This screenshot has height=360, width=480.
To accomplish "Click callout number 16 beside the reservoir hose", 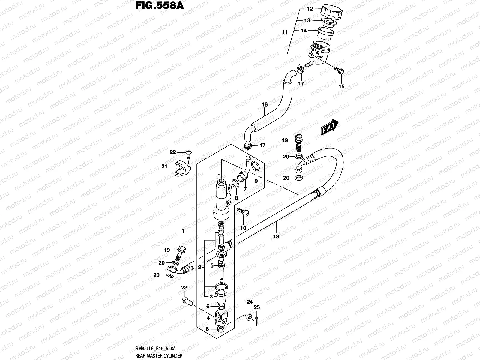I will pyautogui.click(x=264, y=104).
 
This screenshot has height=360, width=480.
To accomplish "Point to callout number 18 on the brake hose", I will pyautogui.click(x=276, y=236).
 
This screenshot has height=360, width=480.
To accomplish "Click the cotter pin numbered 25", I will pyautogui.click(x=257, y=320).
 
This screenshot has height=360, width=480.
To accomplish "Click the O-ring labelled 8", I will pyautogui.click(x=235, y=184).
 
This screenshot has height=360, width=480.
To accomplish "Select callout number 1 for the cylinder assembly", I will pyautogui.click(x=183, y=231).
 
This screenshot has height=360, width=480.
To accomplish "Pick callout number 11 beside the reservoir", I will pyautogui.click(x=285, y=31).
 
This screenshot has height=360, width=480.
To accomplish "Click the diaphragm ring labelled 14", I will pyautogui.click(x=326, y=33).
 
